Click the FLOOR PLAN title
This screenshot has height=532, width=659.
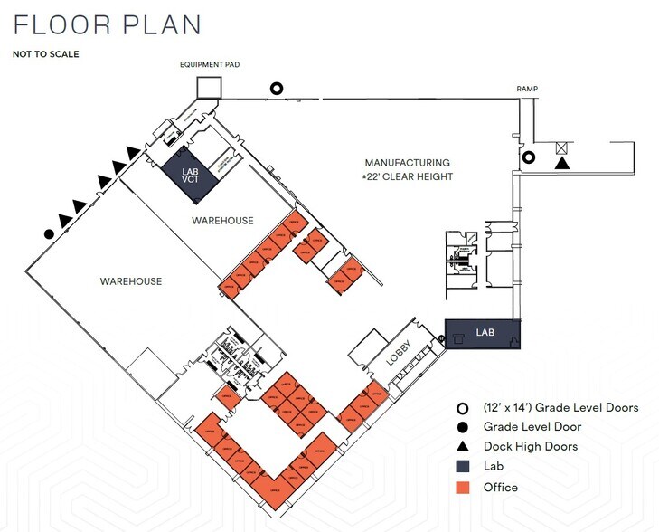coord(107,24)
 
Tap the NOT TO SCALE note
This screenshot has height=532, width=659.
coord(45,54)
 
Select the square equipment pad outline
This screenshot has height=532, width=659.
coord(209,87)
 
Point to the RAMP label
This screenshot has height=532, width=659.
coord(528,89)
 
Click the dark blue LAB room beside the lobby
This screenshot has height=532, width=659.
coord(484,334)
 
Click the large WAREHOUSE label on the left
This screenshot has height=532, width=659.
coord(131,281)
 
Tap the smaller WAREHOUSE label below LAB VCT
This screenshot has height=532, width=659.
coord(222,221)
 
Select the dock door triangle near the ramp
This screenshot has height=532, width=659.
coord(562,164)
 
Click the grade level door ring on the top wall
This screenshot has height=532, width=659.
coord(278,89)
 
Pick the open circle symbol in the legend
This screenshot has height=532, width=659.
coord(465,408)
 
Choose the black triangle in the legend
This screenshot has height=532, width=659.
coord(465,447)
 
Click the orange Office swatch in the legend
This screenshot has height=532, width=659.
coord(465,488)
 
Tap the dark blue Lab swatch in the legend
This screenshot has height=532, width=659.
coord(465,467)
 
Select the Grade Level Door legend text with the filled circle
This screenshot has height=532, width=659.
coord(532,427)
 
